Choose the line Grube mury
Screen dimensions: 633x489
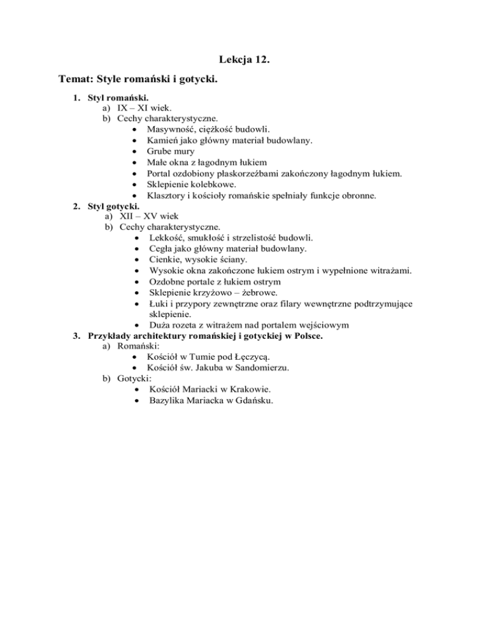coord(171,152)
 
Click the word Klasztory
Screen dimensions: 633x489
coord(169,196)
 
